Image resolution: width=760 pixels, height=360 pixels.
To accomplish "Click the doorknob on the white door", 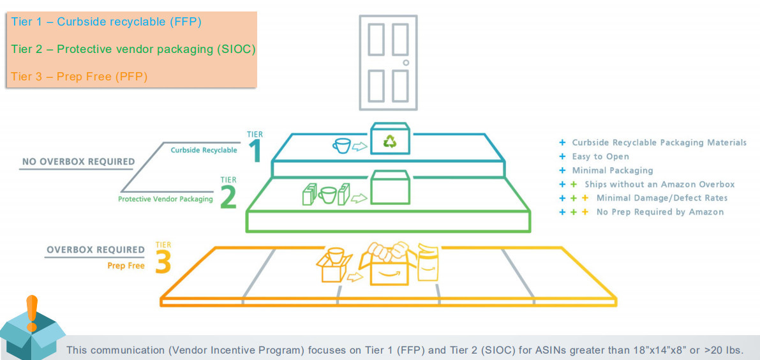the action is pos(406,63).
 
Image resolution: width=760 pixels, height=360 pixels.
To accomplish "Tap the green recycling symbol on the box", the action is pos(390,141).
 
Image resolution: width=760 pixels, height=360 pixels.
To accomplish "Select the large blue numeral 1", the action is pos(255,152).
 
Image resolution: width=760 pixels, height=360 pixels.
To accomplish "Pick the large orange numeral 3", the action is pos(163,262).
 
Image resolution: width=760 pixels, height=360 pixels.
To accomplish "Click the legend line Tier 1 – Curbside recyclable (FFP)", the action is pos(106,22).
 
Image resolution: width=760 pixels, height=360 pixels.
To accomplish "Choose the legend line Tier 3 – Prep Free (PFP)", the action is pos(80,76).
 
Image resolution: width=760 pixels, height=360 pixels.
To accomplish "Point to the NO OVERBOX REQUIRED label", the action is pos(78,162).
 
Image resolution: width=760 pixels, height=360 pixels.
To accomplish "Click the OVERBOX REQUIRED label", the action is pos(96,250).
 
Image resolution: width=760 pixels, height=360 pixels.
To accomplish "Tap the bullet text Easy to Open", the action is pos(600,156).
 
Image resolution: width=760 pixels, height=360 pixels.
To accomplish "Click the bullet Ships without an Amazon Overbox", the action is pos(660,184).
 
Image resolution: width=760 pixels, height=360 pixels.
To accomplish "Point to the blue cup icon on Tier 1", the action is pos(341,146).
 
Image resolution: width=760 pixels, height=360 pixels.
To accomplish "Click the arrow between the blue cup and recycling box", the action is pos(360,146).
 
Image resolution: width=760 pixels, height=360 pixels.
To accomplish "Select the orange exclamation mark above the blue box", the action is pos(32,313).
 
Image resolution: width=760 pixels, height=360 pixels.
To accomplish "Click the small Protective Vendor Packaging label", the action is pos(165,199).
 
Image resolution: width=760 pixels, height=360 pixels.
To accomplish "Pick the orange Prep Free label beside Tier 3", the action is pos(126,266).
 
